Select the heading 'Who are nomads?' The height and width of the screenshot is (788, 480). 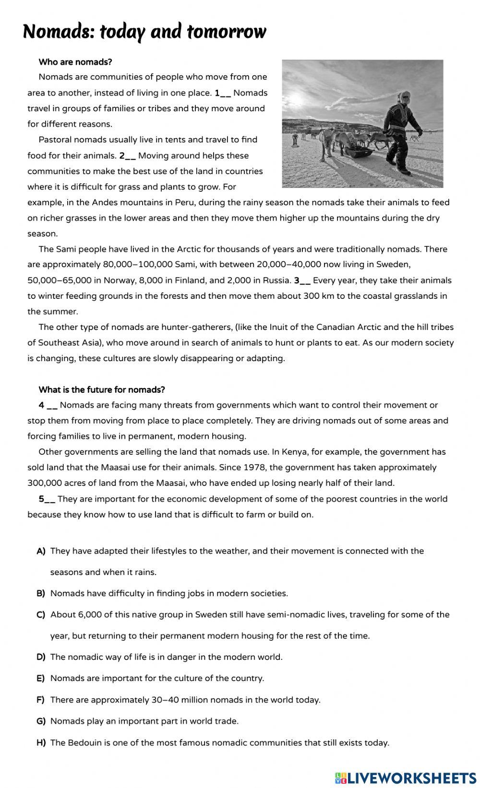(75, 62)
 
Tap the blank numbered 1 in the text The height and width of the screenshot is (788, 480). (223, 93)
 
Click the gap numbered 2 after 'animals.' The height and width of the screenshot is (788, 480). (128, 156)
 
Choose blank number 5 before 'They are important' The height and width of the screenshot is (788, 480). (47, 499)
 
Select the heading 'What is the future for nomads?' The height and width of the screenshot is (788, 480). (102, 389)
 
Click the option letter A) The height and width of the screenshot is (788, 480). (41, 551)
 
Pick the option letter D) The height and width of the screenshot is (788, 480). (41, 657)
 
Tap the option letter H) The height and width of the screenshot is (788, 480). (41, 743)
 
